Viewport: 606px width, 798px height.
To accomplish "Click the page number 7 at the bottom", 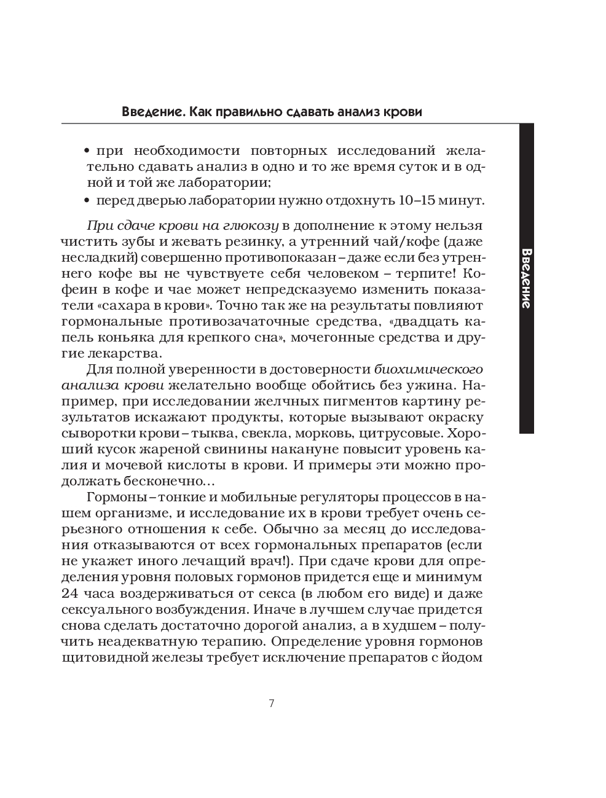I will [271, 704].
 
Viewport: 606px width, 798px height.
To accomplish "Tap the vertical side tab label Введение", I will [526, 278].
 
